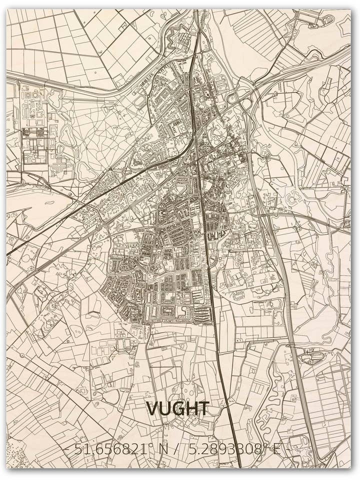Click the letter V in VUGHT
pos(152,409)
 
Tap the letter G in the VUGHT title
pos(177,409)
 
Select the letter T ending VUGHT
pos(203,409)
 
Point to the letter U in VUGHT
pos(164,409)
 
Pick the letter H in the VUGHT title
pos(190,409)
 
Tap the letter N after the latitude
pos(163,449)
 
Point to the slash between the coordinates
pos(178,449)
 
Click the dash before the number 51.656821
pos(67,449)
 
